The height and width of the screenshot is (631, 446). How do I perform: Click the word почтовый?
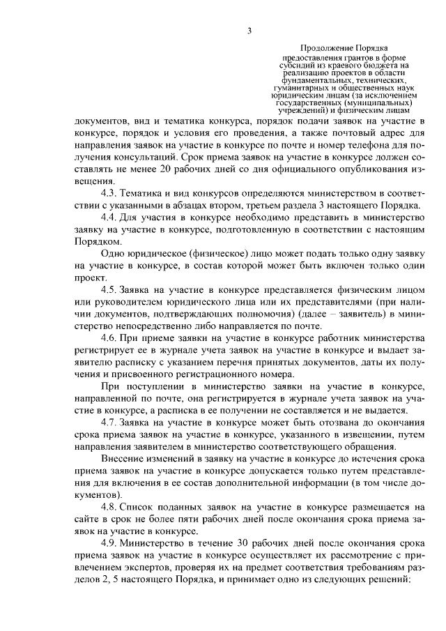(x=328, y=132)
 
